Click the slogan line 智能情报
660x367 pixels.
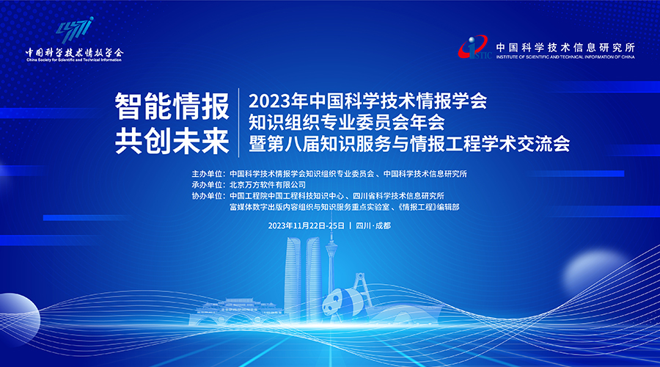172,106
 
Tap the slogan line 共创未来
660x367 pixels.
172,141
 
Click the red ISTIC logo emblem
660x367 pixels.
474,48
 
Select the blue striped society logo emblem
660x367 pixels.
75,30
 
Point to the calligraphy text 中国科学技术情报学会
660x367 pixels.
74,53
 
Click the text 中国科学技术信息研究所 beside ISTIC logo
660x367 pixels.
565,47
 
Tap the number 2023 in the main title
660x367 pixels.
267,101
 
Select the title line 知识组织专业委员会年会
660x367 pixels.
346,123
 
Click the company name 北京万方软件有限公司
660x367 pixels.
268,184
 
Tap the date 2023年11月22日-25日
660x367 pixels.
307,226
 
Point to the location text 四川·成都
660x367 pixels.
373,226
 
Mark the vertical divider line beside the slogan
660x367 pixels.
239,123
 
